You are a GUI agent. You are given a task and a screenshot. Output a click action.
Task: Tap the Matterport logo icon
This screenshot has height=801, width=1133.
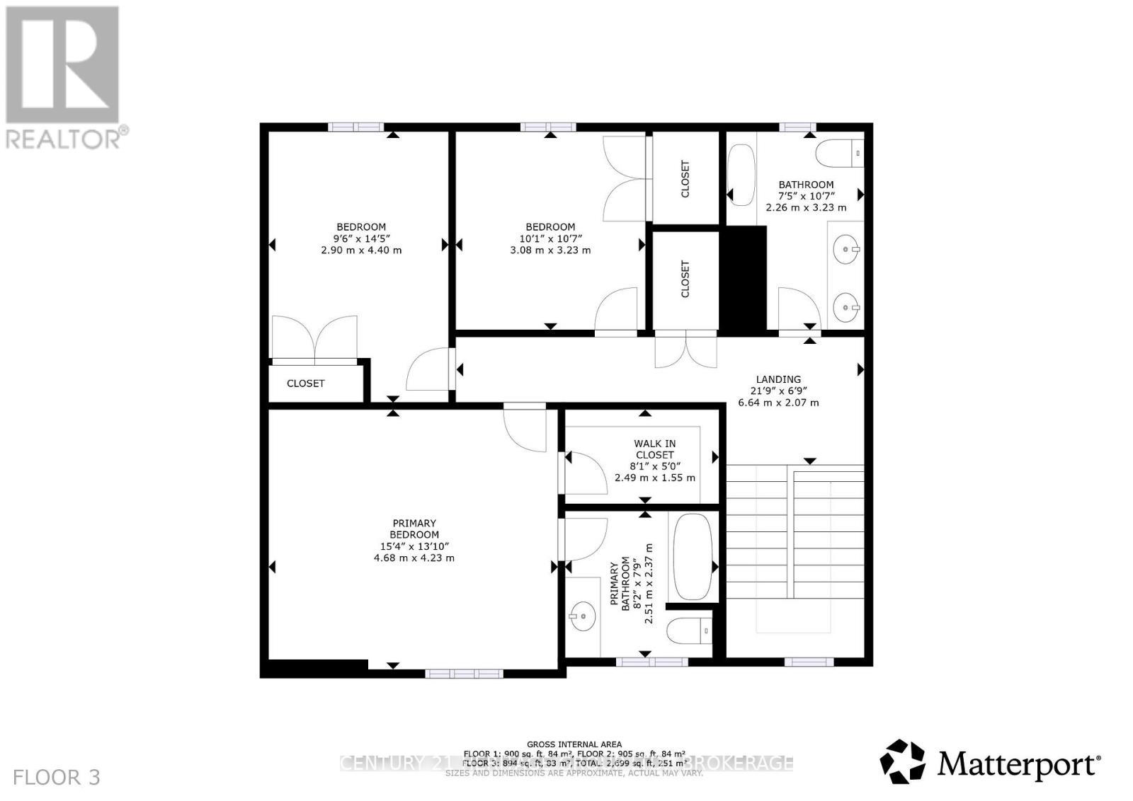click(902, 762)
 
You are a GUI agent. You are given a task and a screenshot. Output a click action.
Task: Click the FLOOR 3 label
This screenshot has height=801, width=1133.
click(57, 778)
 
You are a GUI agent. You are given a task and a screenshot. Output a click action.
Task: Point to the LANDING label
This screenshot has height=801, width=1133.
click(778, 379)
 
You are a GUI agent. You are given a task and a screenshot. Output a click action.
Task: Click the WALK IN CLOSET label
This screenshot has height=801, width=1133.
click(654, 449)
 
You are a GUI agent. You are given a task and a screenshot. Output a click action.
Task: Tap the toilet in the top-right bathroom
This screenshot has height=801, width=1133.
click(840, 153)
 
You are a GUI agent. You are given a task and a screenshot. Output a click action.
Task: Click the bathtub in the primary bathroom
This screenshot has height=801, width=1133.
click(693, 556)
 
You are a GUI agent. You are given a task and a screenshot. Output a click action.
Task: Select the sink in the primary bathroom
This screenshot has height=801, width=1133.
click(582, 616)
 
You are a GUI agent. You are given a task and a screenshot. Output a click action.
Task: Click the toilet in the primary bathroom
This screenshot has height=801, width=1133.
click(690, 629)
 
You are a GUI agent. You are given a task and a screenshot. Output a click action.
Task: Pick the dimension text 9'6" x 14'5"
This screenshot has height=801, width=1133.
click(361, 238)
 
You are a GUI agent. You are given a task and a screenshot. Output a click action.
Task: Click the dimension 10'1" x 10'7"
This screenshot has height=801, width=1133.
click(550, 238)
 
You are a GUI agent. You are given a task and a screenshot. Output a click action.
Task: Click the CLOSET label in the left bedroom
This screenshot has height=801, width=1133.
click(305, 384)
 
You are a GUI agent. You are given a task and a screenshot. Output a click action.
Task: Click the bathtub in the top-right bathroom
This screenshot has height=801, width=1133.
click(741, 175)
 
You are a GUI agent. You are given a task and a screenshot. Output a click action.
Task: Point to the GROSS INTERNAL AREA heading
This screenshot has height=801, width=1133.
click(574, 744)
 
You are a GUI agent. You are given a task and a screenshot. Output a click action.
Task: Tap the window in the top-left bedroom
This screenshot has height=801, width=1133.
click(355, 127)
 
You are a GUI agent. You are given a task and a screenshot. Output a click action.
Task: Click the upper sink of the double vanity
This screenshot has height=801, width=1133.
click(846, 248)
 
